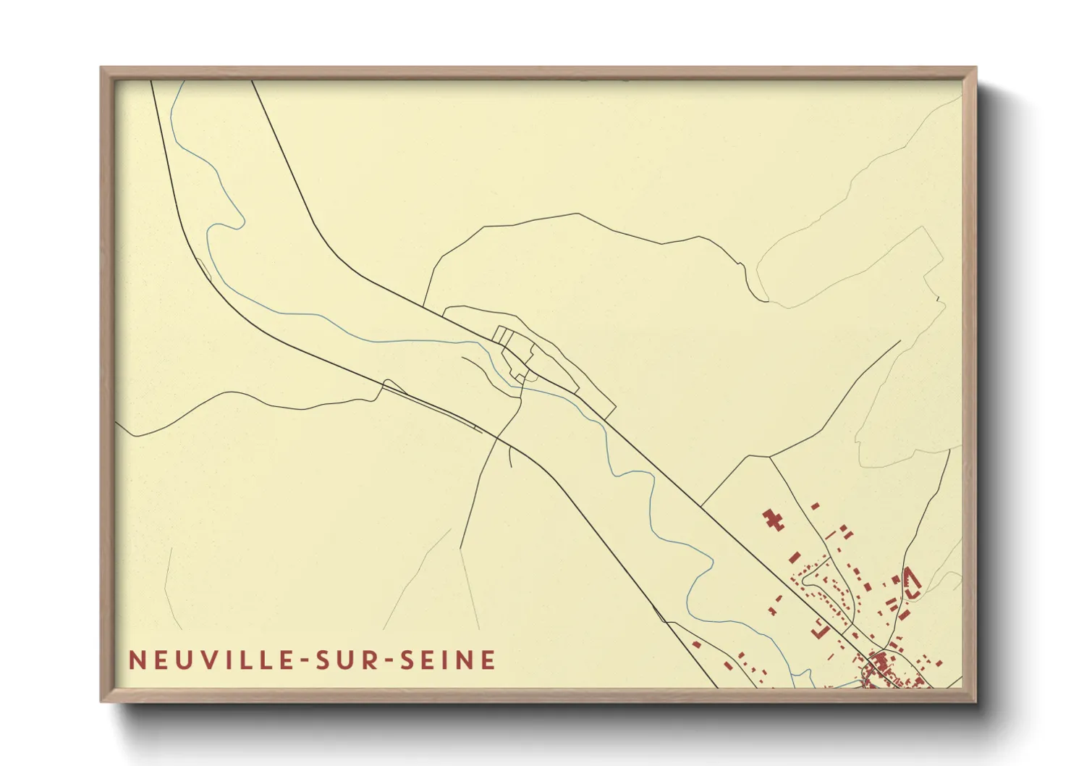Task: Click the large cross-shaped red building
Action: coord(773,519)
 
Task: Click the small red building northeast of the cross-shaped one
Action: coord(815,507)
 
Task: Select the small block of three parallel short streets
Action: coord(504,336)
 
